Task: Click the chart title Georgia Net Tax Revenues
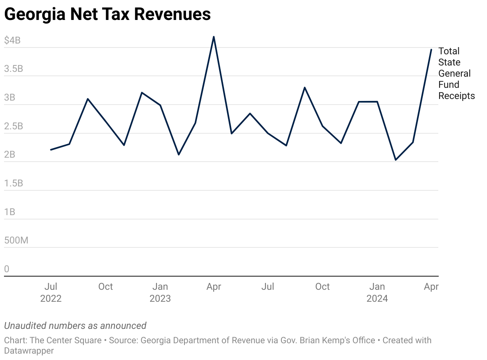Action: pos(107,14)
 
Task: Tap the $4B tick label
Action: pos(12,40)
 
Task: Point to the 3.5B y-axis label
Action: pos(14,69)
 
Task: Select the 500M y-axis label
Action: pos(16,241)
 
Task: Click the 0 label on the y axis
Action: pos(6,269)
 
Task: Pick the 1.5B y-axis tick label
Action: pos(14,183)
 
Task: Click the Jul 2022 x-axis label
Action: pos(51,292)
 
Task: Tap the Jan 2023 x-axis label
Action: pos(160,292)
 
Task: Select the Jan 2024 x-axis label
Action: pos(377,292)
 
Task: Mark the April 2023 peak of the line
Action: pos(214,37)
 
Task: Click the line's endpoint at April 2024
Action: pos(432,49)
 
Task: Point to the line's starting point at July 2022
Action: pos(51,150)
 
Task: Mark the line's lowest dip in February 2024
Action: pos(396,160)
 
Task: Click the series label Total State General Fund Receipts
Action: pos(456,73)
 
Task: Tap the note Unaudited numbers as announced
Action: pos(75,326)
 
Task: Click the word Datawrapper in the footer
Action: pos(29,351)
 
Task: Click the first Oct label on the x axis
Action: pos(105,287)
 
